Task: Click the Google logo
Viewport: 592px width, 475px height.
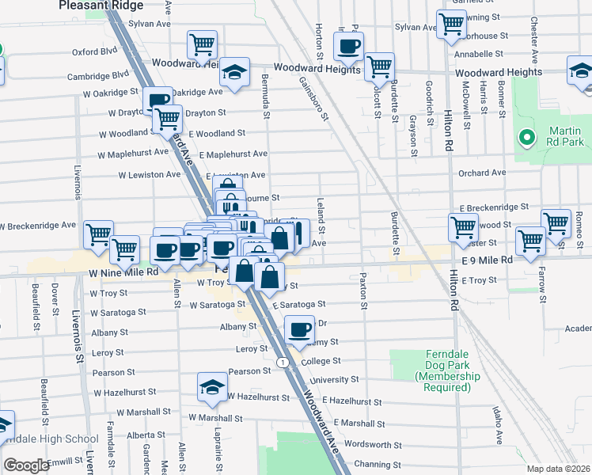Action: click(x=26, y=465)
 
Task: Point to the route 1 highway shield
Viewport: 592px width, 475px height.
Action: click(x=282, y=362)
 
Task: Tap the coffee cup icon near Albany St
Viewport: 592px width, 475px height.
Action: click(x=298, y=329)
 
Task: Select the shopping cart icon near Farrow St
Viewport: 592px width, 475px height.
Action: click(x=529, y=240)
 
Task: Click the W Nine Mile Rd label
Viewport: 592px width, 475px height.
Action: click(x=123, y=272)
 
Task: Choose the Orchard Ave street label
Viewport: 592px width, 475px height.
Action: click(x=481, y=173)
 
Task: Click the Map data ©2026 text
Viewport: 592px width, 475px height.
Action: click(x=558, y=469)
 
